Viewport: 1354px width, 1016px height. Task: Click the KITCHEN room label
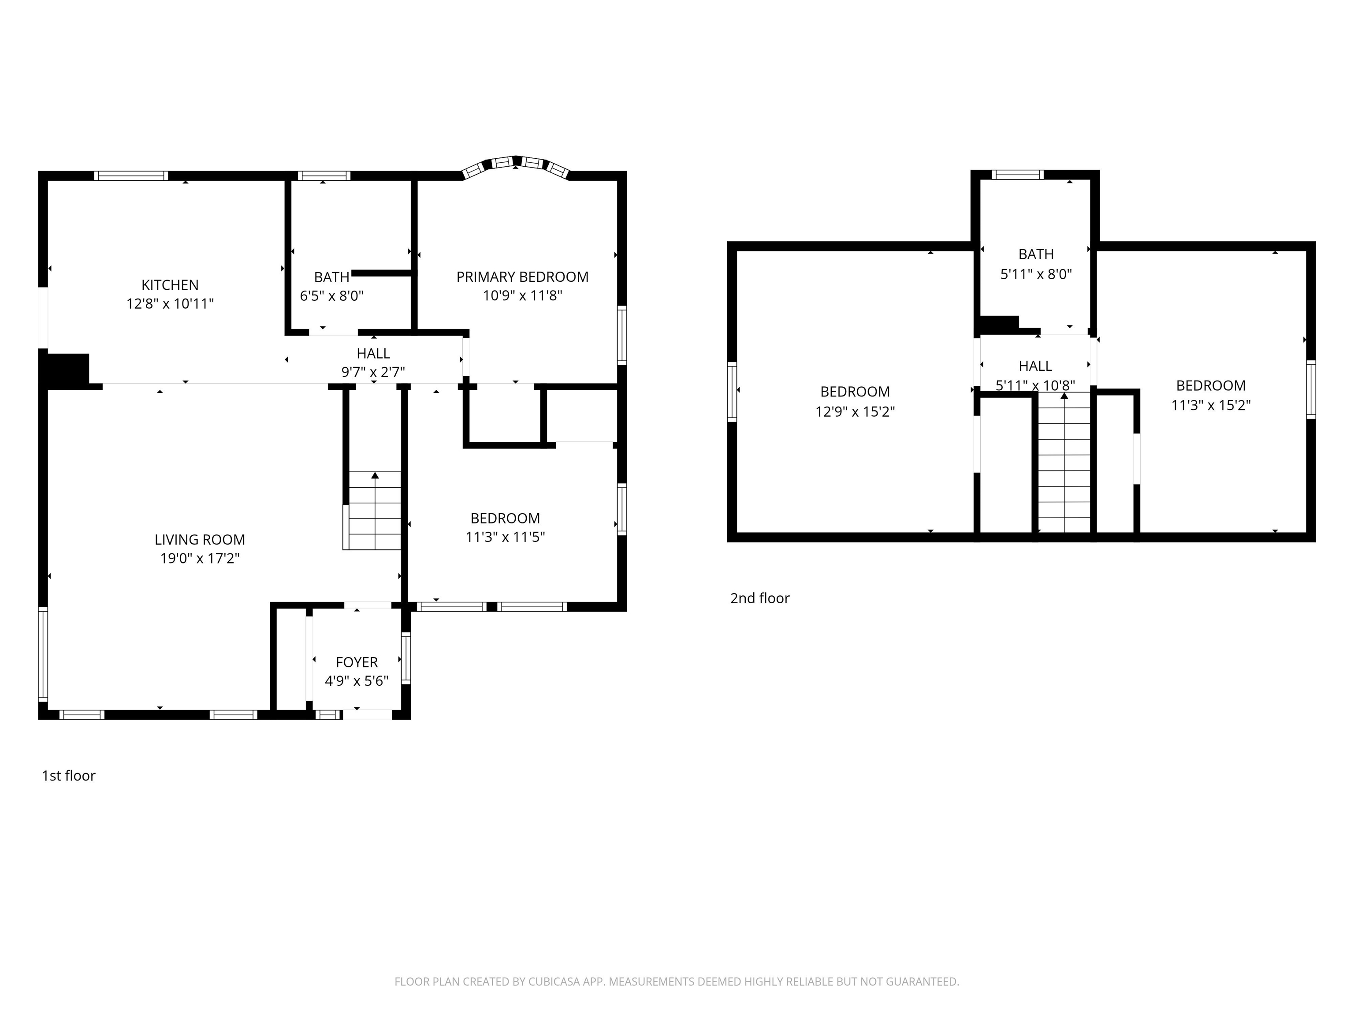(x=170, y=285)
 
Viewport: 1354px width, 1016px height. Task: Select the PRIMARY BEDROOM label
(x=522, y=277)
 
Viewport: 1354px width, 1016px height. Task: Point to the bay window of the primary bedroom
(x=516, y=164)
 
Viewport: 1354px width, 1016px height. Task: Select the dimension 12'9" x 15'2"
(x=855, y=411)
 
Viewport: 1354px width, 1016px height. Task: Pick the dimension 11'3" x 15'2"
(x=1210, y=405)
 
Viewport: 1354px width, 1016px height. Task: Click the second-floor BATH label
(x=1036, y=254)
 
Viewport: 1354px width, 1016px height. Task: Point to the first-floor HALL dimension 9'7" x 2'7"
(x=373, y=372)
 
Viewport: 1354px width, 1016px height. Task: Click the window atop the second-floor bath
(x=1017, y=175)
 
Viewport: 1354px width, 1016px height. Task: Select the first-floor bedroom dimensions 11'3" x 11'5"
(x=505, y=537)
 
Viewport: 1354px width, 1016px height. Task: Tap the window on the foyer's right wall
(x=405, y=658)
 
